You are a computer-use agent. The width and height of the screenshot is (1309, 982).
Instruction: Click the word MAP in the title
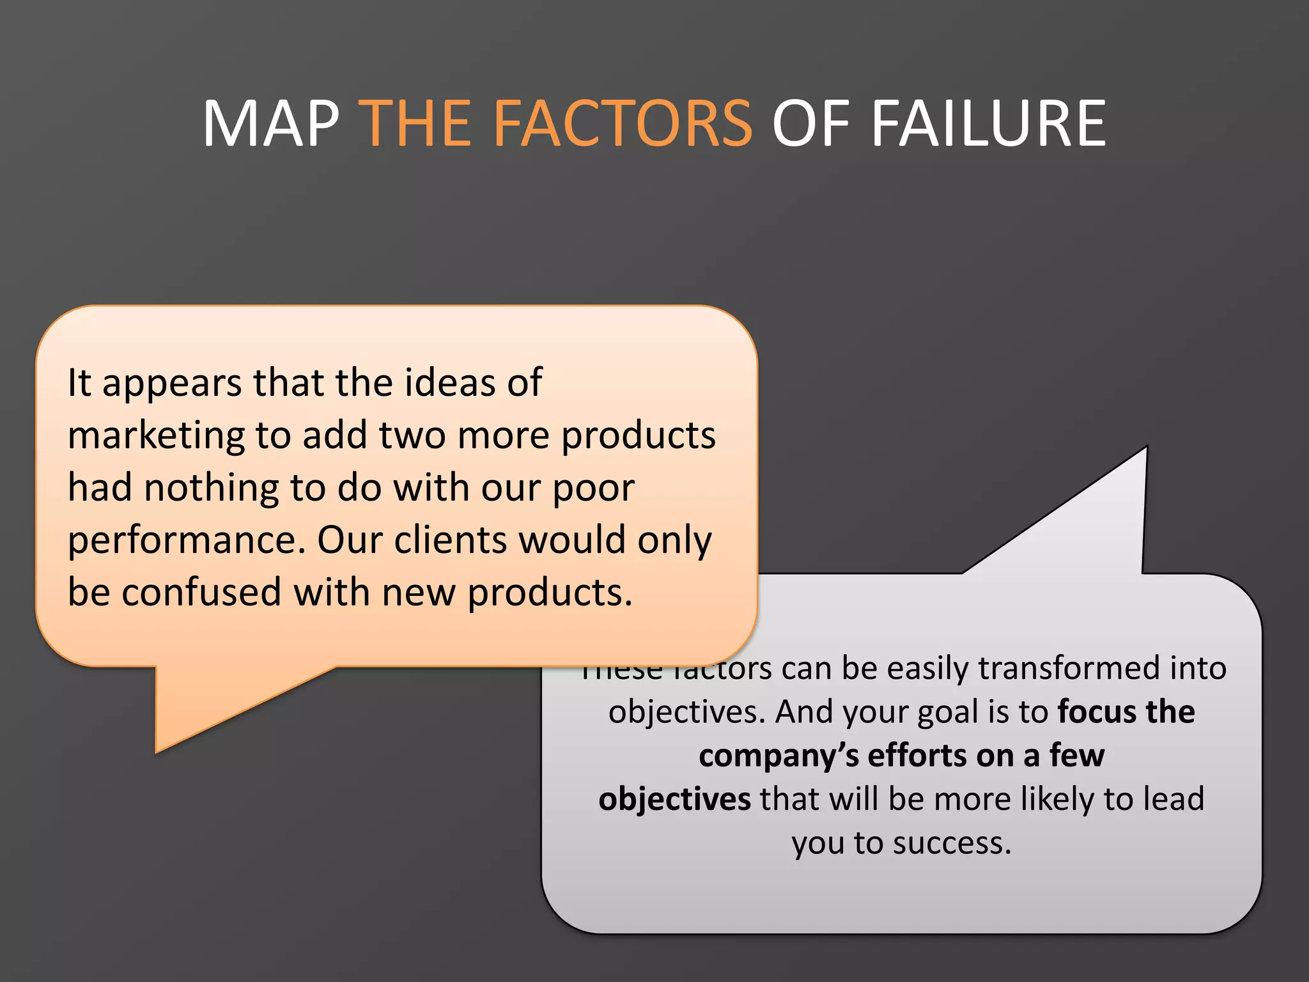click(x=271, y=123)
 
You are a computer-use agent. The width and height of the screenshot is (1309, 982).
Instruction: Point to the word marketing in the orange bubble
click(x=155, y=437)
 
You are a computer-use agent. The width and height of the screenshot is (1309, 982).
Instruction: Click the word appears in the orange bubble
click(x=172, y=384)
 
